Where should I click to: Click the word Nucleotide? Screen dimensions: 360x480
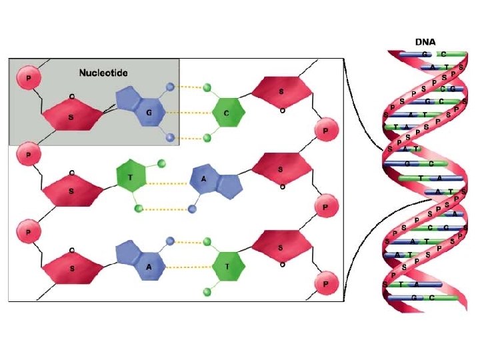tap(103, 73)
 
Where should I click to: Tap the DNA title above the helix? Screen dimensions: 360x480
tap(425, 42)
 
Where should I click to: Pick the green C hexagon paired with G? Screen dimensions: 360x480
tap(227, 113)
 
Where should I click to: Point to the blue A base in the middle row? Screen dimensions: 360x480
tap(212, 181)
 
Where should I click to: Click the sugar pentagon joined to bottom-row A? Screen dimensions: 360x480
tap(71, 268)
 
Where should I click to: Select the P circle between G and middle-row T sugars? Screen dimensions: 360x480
tap(27, 154)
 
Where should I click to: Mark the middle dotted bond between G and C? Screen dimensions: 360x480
tap(190, 112)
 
